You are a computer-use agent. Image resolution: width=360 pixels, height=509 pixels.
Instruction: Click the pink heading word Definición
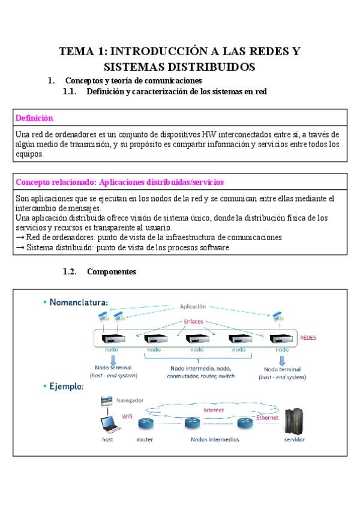(34, 118)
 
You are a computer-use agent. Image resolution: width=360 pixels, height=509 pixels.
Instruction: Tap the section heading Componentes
(112, 272)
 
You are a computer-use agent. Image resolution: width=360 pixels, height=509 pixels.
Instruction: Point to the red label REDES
(308, 338)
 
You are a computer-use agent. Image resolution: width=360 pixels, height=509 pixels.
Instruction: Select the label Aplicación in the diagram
(193, 306)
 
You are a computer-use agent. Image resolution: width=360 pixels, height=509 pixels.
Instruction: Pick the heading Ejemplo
(67, 387)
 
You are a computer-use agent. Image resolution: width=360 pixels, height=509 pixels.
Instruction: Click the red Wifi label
(127, 415)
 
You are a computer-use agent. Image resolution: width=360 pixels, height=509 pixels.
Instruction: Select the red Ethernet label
(268, 417)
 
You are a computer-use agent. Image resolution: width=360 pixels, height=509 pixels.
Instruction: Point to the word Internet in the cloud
(214, 411)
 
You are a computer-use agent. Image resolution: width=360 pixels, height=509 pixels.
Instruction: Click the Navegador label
(128, 399)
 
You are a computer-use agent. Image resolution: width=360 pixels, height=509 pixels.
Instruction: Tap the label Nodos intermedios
(215, 439)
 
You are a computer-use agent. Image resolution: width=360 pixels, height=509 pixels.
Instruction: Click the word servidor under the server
(294, 440)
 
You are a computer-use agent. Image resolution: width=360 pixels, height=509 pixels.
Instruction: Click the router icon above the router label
(145, 424)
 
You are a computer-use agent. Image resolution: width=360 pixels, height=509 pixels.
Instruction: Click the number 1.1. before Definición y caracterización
(71, 92)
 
